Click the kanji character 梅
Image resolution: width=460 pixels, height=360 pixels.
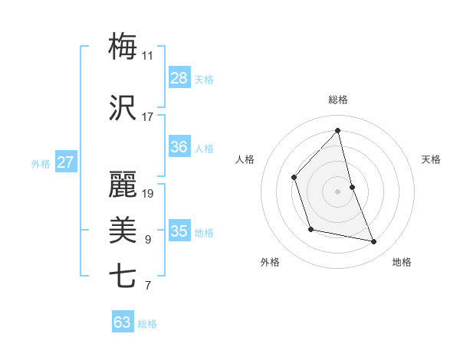coord(123,47)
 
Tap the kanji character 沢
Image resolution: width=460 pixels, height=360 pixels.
coord(123,108)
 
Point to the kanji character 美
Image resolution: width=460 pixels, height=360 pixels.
coord(123,230)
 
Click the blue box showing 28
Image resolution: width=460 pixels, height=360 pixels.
coord(179,78)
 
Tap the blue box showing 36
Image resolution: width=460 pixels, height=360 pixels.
coord(179,148)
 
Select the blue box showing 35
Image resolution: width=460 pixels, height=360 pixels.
coord(179,231)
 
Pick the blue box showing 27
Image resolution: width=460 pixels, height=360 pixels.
coord(66,162)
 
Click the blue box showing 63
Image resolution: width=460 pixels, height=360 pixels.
coord(123,322)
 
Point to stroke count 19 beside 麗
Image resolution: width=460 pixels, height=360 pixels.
coord(148,194)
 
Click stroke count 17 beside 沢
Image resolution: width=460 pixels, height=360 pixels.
coord(148,118)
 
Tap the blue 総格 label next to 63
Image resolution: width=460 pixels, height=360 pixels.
coord(147,324)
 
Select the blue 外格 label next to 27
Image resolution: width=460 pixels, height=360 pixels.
coord(41,163)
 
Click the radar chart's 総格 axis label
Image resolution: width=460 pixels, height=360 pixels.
coord(338,100)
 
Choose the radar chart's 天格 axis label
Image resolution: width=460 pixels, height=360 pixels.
coord(432,159)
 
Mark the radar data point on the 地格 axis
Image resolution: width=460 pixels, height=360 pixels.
coord(374,241)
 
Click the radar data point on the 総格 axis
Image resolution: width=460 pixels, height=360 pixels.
coord(338,130)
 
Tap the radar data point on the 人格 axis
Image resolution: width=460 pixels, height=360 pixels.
coord(294,178)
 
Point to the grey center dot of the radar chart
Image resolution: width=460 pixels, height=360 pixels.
coord(338,191)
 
